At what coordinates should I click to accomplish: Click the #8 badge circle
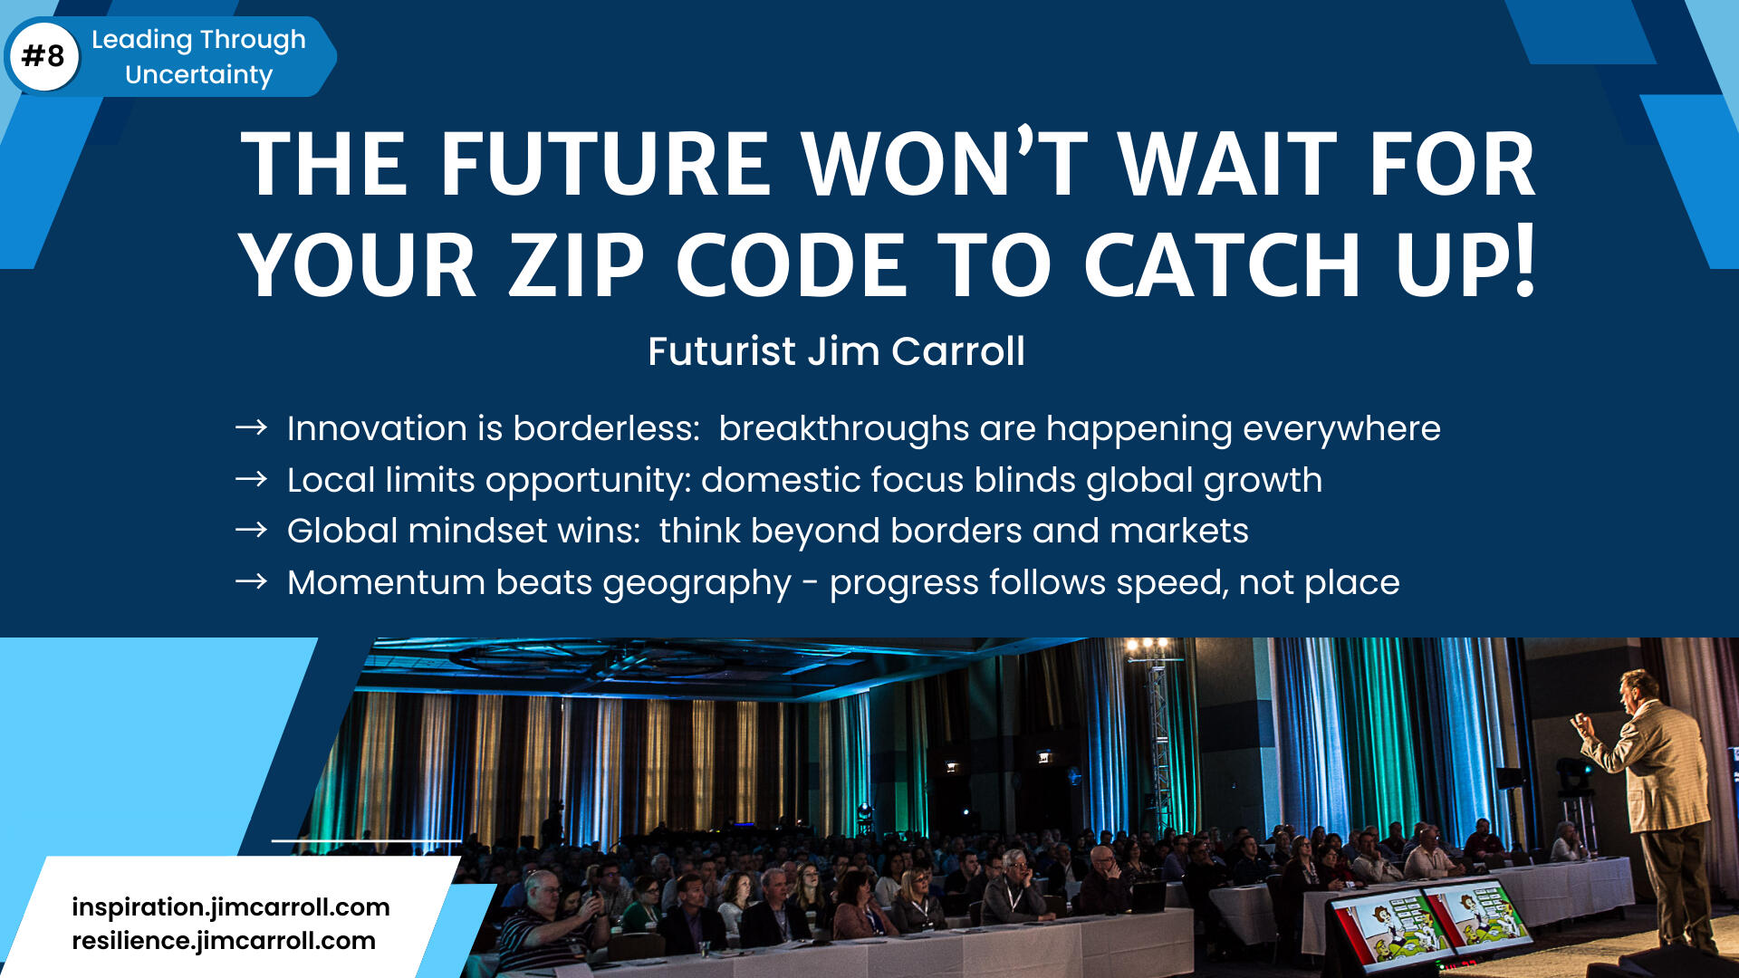coord(43,56)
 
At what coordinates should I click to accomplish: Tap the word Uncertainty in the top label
coord(198,74)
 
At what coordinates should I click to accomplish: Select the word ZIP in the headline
coord(576,264)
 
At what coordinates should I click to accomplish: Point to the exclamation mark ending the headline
coord(1525,260)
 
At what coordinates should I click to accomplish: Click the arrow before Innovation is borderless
coord(251,427)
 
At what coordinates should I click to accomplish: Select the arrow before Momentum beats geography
coord(251,581)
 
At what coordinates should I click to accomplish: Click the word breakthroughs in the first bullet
coord(843,428)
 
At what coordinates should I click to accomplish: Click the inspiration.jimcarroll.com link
coord(231,907)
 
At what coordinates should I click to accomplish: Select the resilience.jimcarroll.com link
coord(224,941)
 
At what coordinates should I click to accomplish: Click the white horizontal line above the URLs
coord(366,840)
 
